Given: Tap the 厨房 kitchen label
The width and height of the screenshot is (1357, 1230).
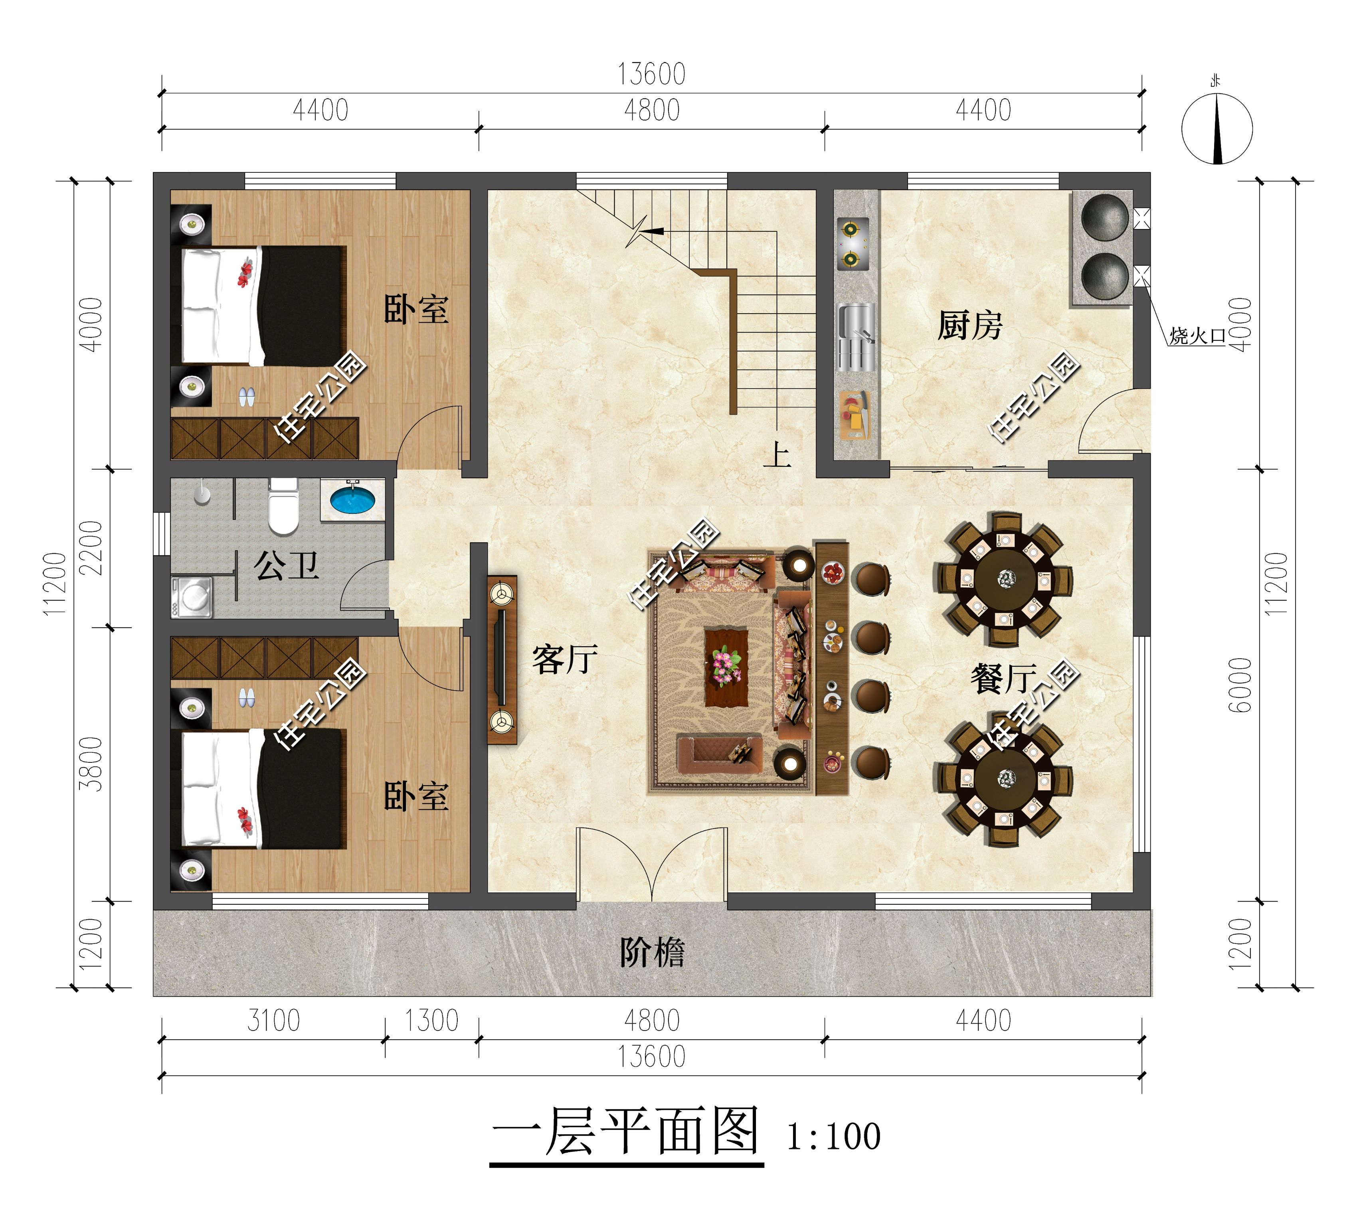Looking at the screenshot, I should click(969, 326).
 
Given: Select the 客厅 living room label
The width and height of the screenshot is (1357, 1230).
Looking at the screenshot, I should click(564, 659).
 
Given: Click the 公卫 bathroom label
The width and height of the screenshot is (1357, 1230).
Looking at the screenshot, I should click(286, 565).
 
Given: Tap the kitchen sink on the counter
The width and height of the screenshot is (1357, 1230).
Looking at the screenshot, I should click(856, 336).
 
